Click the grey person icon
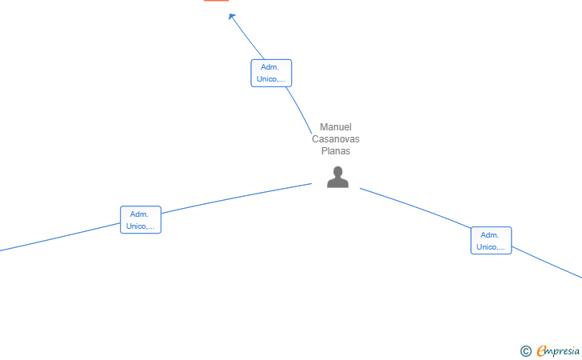(338, 178)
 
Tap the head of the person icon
(338, 172)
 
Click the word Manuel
(336, 127)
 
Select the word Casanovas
(336, 139)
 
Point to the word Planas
(336, 151)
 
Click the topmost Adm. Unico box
(271, 73)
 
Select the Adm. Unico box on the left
(141, 220)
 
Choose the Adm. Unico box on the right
(491, 241)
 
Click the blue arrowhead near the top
(232, 16)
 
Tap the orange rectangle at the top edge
(216, 1)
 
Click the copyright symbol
(525, 350)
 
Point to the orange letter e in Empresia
(542, 350)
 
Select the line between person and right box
(416, 207)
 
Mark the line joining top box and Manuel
(301, 108)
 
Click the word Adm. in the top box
(269, 67)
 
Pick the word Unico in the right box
(486, 247)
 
